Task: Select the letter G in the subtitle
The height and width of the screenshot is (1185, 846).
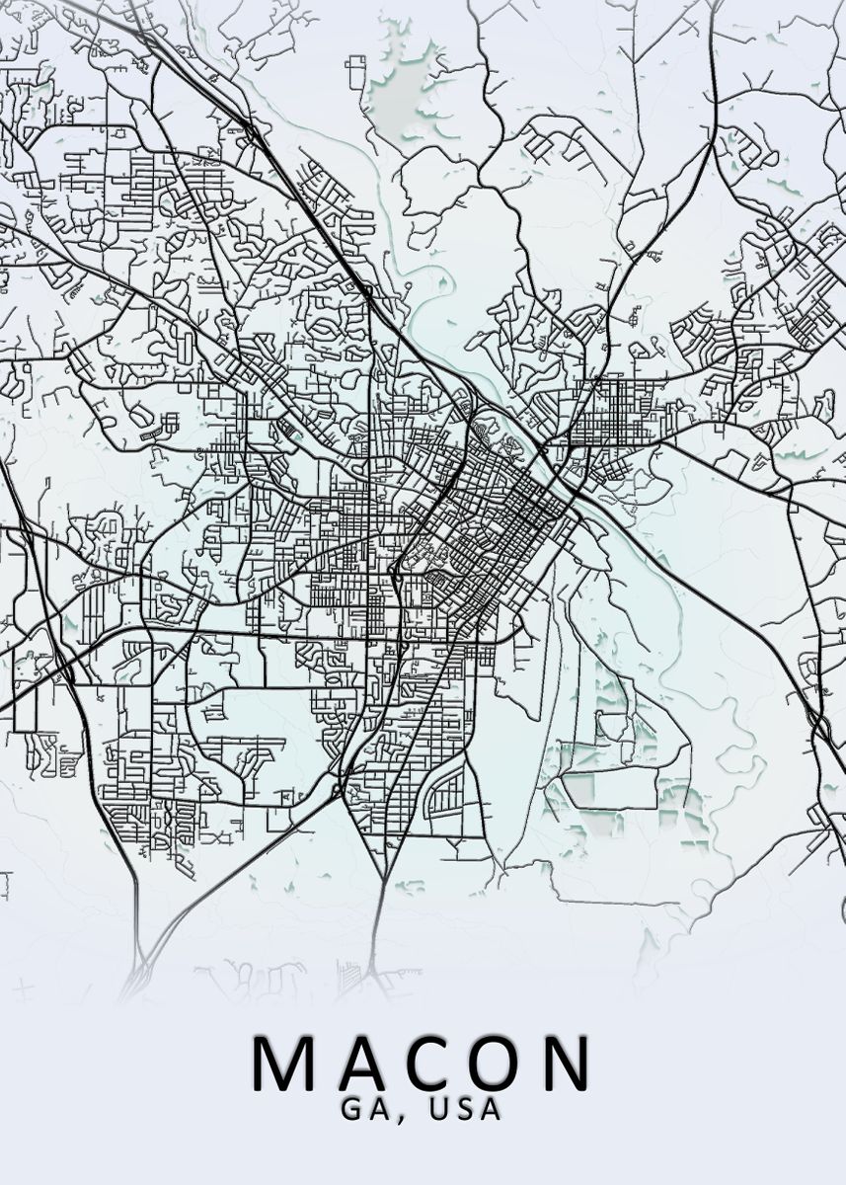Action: (x=353, y=1109)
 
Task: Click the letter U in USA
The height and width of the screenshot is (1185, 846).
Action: (x=439, y=1109)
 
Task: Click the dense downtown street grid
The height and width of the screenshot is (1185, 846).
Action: (x=508, y=513)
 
